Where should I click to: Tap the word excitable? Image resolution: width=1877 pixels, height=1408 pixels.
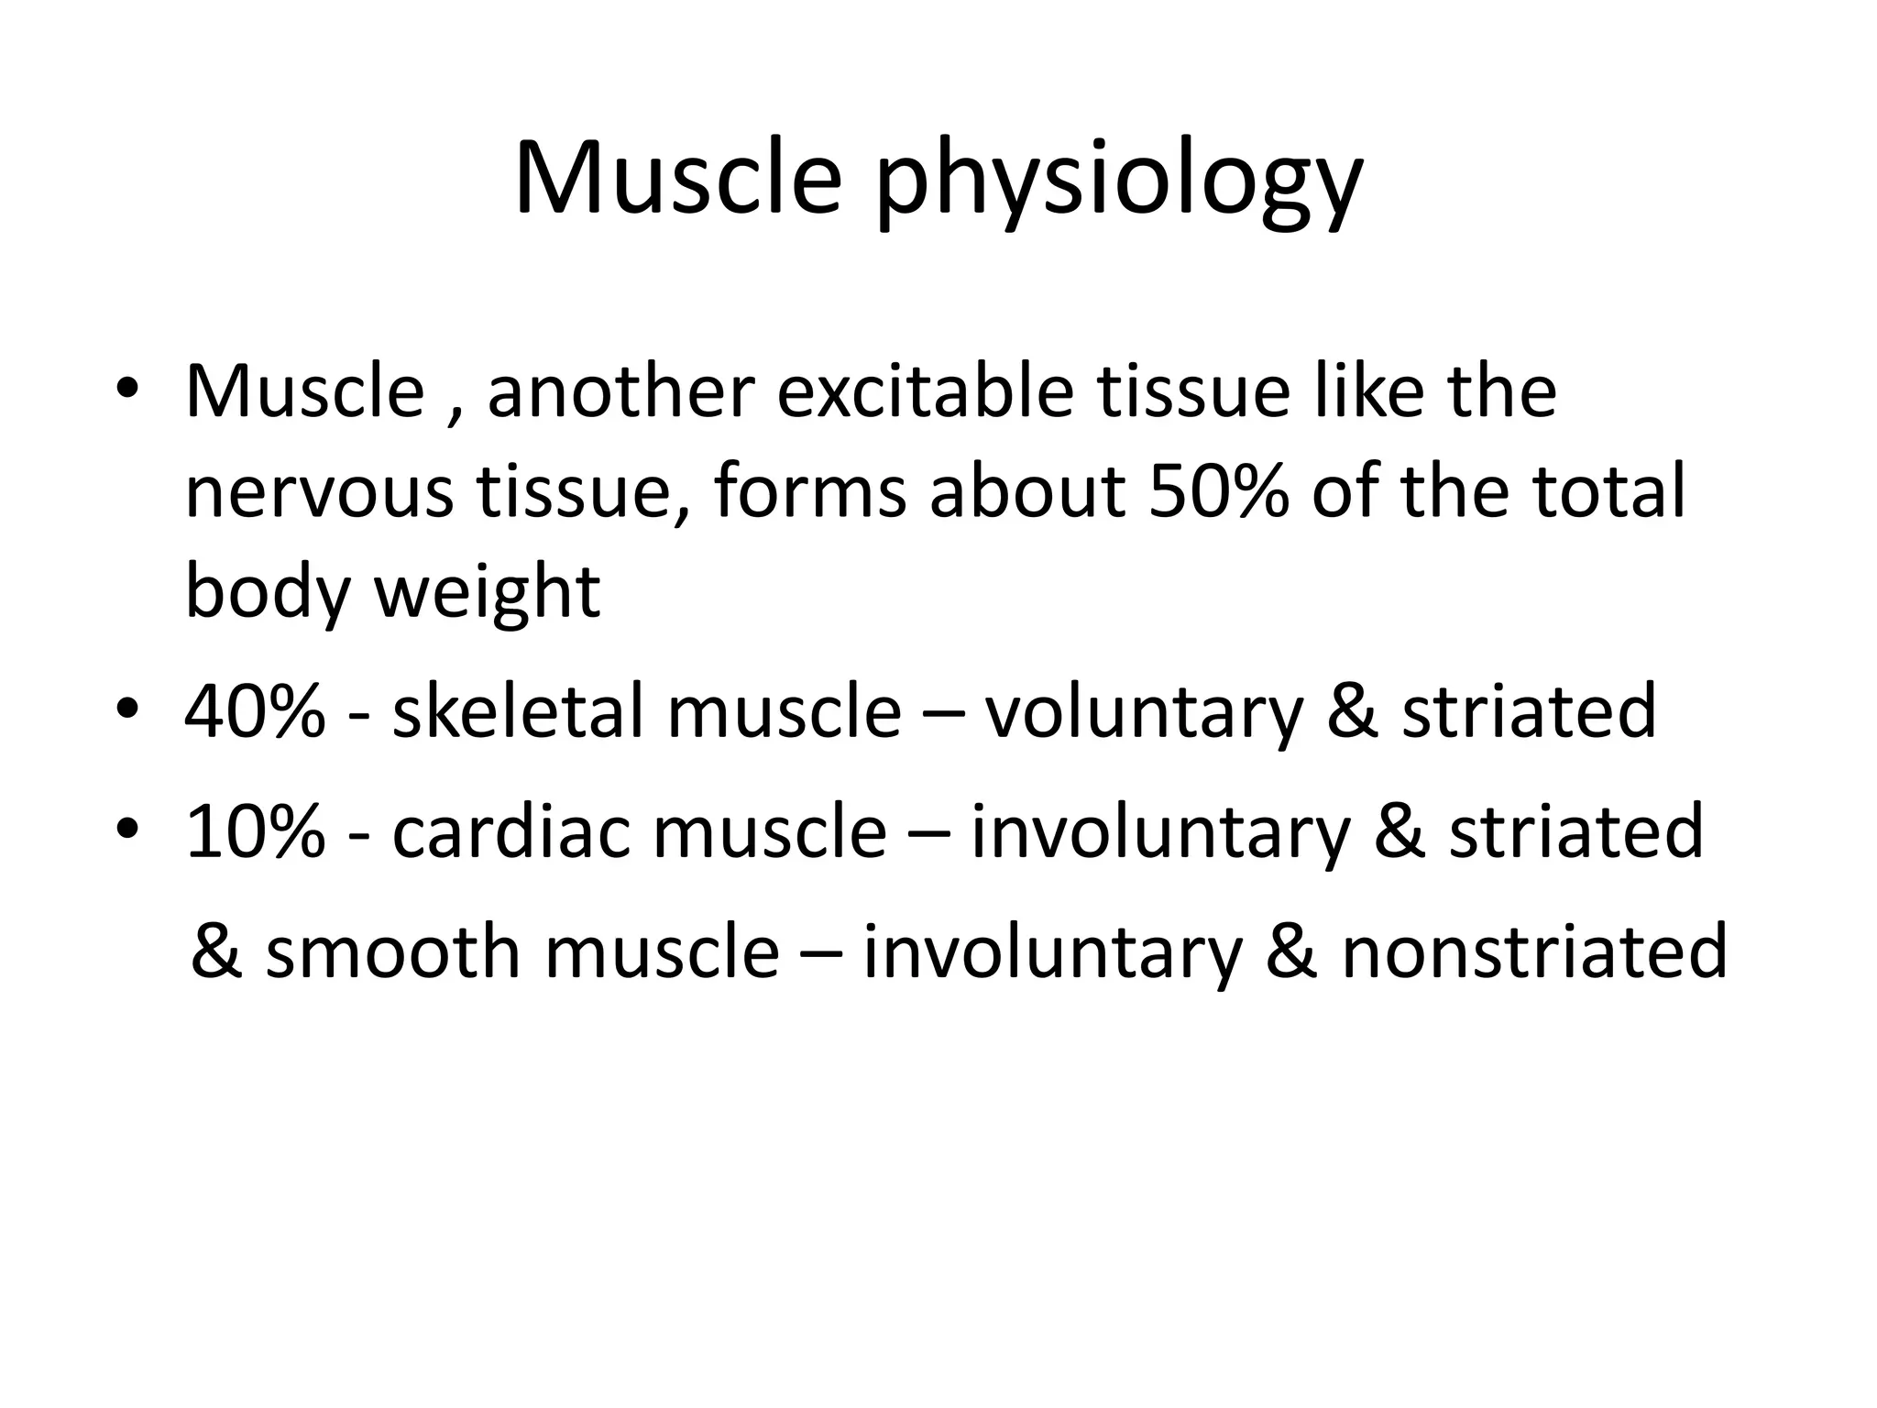tap(926, 391)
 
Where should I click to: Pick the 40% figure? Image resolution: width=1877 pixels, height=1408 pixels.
tap(255, 711)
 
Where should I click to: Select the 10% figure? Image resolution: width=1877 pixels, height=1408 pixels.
tap(255, 831)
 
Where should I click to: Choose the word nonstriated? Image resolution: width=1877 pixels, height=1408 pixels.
tap(1534, 951)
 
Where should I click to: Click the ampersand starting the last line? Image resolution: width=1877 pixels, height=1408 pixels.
tap(216, 951)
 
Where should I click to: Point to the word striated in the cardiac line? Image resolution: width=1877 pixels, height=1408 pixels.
tap(1575, 831)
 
